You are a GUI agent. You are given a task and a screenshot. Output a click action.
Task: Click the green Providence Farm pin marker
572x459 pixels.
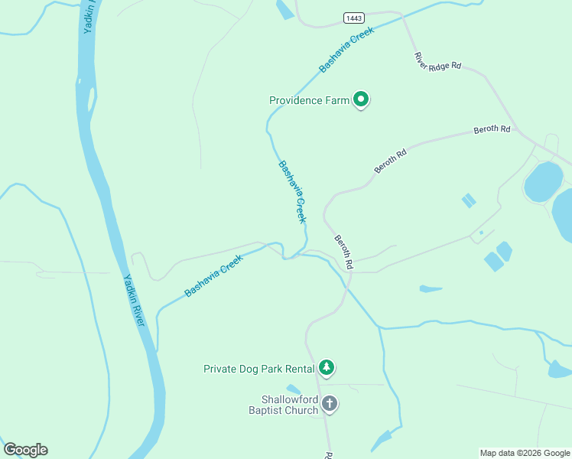[361, 99]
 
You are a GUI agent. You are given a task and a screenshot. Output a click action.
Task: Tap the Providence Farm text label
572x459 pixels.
[309, 100]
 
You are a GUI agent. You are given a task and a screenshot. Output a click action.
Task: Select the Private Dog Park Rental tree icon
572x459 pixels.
[327, 368]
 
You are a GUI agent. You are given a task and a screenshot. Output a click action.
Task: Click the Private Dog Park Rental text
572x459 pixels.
[259, 369]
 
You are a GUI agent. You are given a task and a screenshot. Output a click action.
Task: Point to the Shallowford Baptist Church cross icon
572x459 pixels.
[330, 403]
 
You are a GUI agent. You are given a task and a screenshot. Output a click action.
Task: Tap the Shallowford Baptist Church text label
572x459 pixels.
[289, 405]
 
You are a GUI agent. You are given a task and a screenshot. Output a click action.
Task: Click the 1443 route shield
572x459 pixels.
[353, 18]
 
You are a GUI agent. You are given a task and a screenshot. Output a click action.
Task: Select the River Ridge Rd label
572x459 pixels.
[437, 61]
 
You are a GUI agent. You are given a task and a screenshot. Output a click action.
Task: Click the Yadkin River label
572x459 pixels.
[135, 300]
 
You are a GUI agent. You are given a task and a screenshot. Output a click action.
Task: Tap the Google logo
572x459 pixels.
[25, 450]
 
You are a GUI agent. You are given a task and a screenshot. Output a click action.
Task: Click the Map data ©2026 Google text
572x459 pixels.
[524, 453]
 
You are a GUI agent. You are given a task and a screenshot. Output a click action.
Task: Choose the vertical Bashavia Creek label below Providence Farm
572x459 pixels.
[292, 191]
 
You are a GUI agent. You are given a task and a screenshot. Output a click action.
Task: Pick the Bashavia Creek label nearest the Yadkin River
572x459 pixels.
[213, 276]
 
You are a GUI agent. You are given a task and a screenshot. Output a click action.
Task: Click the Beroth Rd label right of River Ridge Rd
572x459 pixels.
[492, 129]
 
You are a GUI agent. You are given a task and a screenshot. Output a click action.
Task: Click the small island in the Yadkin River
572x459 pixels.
[91, 99]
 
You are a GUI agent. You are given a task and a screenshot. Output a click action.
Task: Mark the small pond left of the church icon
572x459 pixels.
[294, 390]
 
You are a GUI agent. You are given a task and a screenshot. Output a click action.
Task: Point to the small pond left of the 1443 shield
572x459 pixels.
[284, 9]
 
